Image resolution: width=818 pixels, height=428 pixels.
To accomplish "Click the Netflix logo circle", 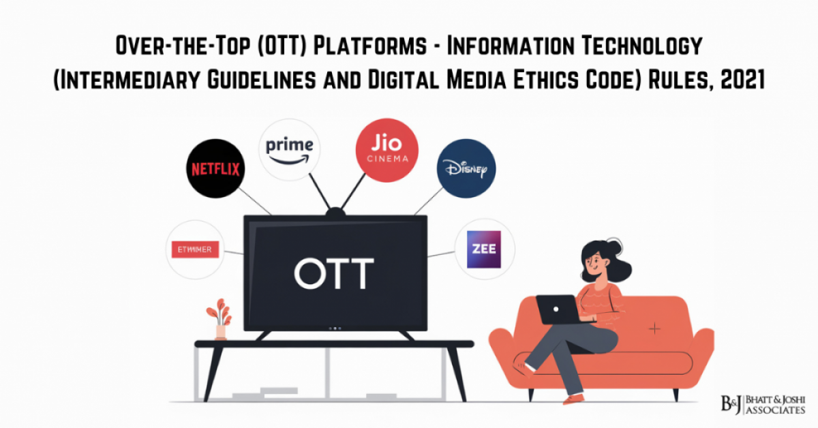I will [215, 168].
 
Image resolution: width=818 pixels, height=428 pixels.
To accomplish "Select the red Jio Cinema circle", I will [387, 149].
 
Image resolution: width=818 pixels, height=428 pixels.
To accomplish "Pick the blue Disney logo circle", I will [466, 169].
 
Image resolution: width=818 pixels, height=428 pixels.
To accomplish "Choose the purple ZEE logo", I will [484, 249].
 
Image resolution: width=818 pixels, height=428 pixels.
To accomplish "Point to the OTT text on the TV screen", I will [334, 273].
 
